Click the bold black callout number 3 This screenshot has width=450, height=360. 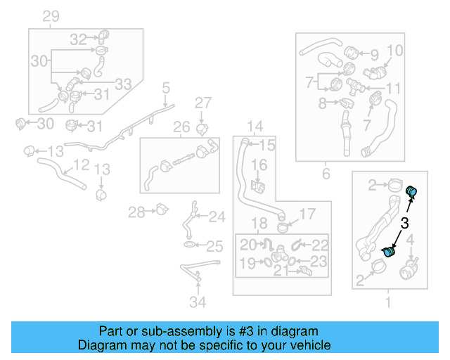(404, 224)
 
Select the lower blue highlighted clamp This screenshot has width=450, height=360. (389, 251)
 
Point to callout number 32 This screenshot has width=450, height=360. (78, 39)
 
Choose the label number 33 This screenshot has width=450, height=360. (123, 84)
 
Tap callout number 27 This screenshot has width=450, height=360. (202, 103)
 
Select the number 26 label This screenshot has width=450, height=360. (181, 127)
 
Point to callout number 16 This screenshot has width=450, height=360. (259, 165)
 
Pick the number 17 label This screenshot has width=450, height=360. (308, 214)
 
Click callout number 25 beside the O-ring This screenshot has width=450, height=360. (214, 246)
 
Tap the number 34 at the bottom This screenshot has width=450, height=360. (199, 302)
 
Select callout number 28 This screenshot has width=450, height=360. (136, 211)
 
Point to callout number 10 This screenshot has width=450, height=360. (394, 51)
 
